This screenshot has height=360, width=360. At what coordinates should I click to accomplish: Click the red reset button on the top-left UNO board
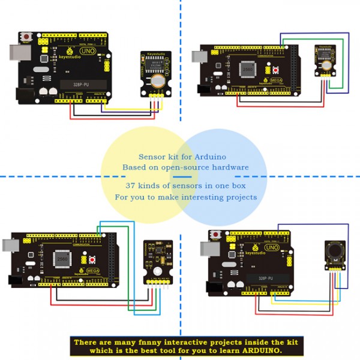[x=28, y=38]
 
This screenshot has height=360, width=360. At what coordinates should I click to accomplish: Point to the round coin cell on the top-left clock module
[x=158, y=80]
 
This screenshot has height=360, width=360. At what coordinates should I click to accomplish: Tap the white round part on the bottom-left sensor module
[x=157, y=272]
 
